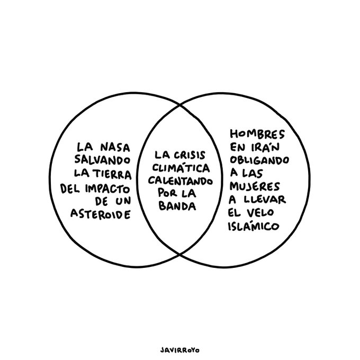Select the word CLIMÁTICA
181,168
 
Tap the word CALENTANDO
180,181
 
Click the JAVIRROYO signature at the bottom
180,349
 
